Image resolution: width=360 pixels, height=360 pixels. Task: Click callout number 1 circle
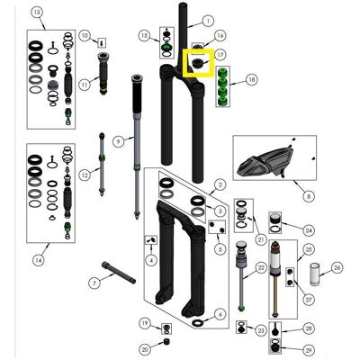pyautogui.click(x=208, y=21)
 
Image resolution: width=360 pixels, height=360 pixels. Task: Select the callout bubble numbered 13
pyautogui.click(x=37, y=13)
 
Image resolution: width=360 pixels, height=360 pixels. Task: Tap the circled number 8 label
pyautogui.click(x=309, y=196)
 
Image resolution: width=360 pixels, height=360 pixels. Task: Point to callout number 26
pyautogui.click(x=337, y=267)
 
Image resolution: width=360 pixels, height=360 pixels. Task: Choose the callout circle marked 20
pyautogui.click(x=145, y=349)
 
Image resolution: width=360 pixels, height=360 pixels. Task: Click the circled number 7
pyautogui.click(x=94, y=283)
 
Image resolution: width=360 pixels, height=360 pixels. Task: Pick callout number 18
pyautogui.click(x=252, y=79)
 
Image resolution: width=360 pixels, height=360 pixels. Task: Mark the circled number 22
pyautogui.click(x=261, y=267)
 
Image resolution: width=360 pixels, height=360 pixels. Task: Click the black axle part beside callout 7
pyautogui.click(x=119, y=273)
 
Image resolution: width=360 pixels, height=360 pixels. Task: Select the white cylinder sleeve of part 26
pyautogui.click(x=315, y=274)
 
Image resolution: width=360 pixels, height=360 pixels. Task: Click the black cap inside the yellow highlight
pyautogui.click(x=197, y=63)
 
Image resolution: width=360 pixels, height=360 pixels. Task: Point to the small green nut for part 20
pyautogui.click(x=166, y=341)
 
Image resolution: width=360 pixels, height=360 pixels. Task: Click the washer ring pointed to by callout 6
pyautogui.click(x=198, y=323)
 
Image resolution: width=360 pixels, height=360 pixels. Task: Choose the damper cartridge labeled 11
pyautogui.click(x=103, y=74)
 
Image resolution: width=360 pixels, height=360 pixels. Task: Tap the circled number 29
pyautogui.click(x=309, y=350)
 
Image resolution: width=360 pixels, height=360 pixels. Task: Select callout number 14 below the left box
pyautogui.click(x=39, y=260)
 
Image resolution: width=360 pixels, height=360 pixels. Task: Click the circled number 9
pyautogui.click(x=119, y=141)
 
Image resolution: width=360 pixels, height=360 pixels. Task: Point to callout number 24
pyautogui.click(x=309, y=230)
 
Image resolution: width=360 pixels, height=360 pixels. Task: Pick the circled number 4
pyautogui.click(x=151, y=260)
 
